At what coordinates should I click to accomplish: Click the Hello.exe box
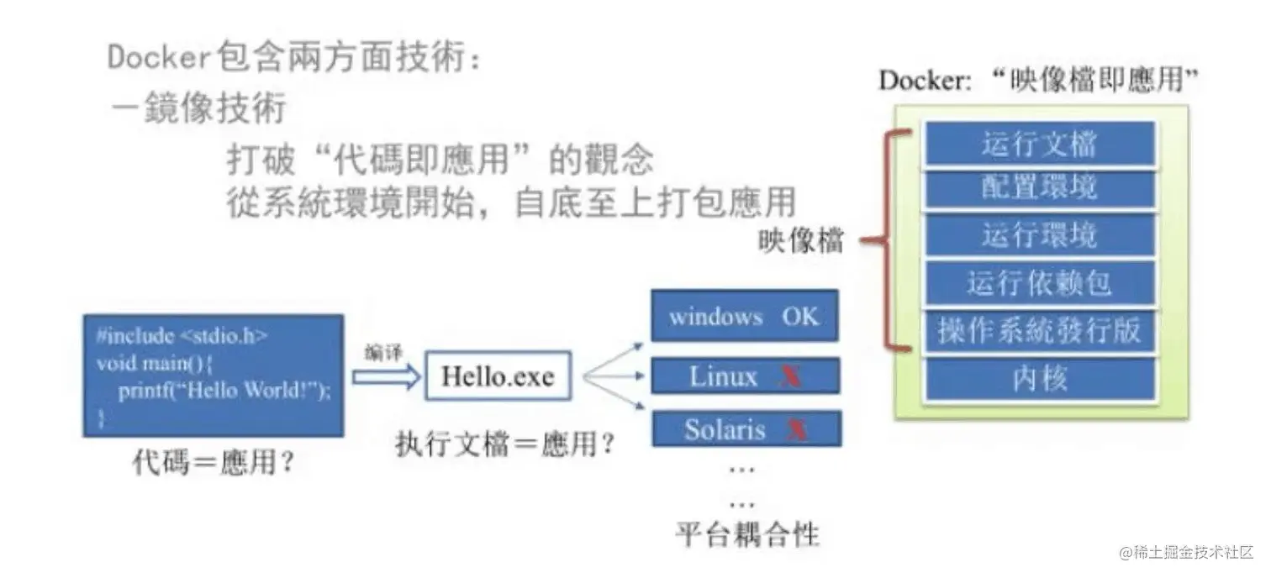tap(498, 376)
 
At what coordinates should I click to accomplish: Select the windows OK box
tap(744, 317)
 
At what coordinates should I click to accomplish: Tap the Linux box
tap(744, 376)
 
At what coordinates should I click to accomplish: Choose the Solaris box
tap(744, 429)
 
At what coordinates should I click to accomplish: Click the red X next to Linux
tap(789, 377)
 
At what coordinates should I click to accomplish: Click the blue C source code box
tap(213, 376)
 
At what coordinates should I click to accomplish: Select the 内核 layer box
tap(1039, 379)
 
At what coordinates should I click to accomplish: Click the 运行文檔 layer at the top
tap(1039, 144)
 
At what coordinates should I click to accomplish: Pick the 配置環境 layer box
tap(1039, 187)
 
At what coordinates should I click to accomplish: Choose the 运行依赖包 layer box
tap(1039, 283)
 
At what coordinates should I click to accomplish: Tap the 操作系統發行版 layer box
tap(1039, 330)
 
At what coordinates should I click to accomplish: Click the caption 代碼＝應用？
tap(214, 462)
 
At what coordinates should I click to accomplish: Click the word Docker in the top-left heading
tap(157, 58)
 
